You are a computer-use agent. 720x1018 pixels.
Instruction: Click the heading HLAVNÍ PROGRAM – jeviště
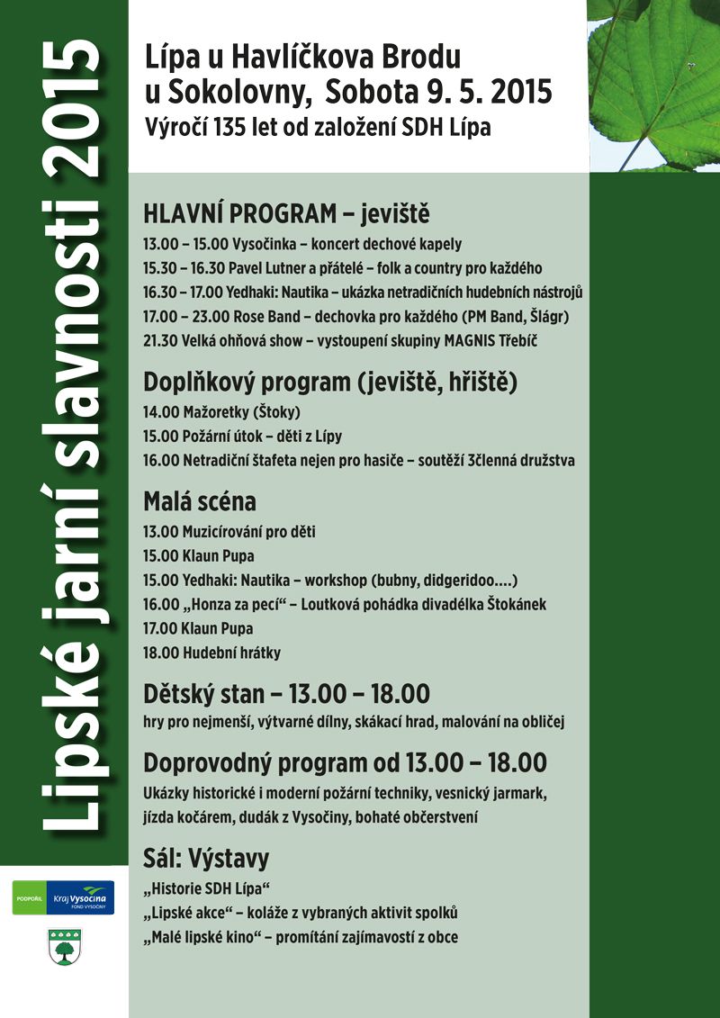click(x=286, y=216)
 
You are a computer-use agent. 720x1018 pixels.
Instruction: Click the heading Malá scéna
click(x=200, y=501)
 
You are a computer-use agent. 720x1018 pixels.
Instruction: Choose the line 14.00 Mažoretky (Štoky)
click(x=221, y=412)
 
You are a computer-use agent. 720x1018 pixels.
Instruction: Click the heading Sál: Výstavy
click(x=206, y=857)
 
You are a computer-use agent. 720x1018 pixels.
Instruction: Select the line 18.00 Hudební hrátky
click(x=211, y=653)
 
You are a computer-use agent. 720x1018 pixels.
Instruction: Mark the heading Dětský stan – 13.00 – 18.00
click(x=286, y=694)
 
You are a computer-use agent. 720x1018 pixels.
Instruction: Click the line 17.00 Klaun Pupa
click(x=198, y=628)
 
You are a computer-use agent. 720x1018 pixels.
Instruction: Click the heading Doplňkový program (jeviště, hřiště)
click(x=330, y=383)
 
